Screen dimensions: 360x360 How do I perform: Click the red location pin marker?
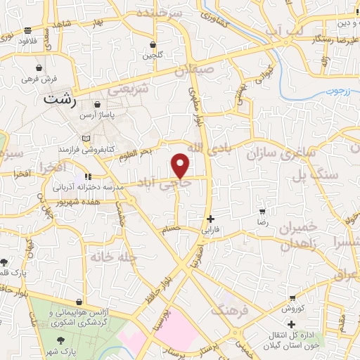coord(181,165)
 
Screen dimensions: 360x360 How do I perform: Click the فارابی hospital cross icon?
coord(211,219)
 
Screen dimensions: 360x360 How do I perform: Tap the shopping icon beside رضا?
coord(262,211)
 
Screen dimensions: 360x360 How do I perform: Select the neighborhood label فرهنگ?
coord(234,310)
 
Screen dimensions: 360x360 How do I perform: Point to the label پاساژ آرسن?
coord(97,114)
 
